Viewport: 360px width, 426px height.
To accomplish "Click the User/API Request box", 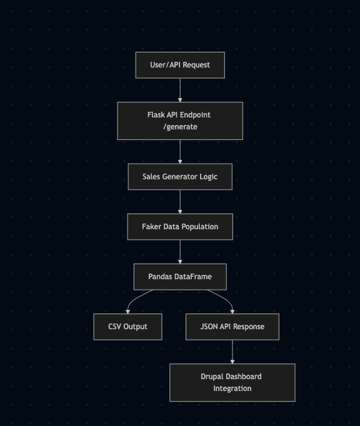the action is point(180,65).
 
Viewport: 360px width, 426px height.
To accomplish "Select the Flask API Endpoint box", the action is point(180,121).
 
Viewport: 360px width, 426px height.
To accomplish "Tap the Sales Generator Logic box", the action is point(180,177).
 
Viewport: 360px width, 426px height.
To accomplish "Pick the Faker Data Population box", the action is point(180,227).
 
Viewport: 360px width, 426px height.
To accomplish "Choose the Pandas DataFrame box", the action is point(180,277).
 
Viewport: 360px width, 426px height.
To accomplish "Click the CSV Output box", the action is point(127,327).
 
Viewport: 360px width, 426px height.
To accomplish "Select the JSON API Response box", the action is point(232,327).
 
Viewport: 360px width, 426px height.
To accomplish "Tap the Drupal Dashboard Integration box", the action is point(232,382).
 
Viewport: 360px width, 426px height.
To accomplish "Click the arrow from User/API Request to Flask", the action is point(180,90).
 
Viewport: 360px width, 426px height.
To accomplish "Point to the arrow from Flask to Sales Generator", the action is point(180,152).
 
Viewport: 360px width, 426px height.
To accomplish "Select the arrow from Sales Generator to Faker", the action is point(180,202).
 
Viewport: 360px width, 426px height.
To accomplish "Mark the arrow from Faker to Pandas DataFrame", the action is point(180,252).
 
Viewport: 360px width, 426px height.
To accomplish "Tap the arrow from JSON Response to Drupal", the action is point(232,352).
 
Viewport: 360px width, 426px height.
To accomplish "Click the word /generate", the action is point(180,127).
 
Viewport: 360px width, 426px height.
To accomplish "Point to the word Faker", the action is point(151,227).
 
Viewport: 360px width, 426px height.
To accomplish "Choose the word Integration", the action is point(232,389).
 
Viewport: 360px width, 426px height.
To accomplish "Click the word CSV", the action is point(114,327).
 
